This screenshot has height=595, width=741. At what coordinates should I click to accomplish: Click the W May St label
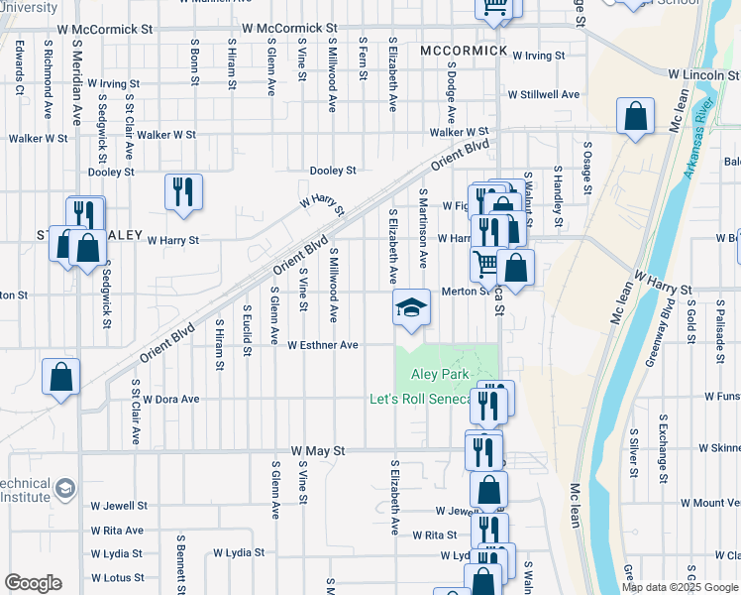coord(318,450)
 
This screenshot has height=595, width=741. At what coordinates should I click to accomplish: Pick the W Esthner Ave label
coord(322,345)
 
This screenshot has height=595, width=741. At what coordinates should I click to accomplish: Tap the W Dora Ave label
coord(170,399)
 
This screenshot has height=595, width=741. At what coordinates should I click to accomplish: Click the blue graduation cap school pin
coord(411,307)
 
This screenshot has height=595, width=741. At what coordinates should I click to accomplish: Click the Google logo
coord(33,583)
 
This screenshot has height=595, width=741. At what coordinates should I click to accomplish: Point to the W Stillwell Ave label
coord(543,94)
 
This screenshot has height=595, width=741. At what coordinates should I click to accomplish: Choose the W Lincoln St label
coord(703,74)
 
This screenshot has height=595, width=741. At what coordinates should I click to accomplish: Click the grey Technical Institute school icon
coord(65,488)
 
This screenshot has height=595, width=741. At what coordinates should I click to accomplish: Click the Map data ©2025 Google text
coord(681,587)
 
